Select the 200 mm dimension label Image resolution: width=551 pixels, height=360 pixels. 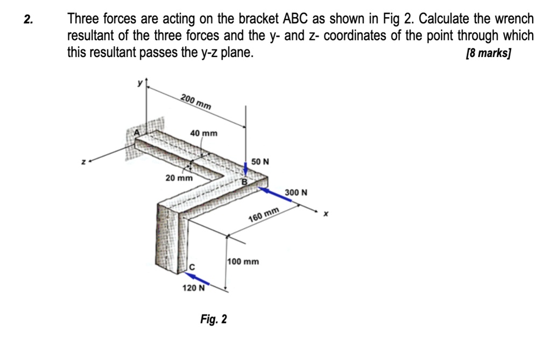coord(196,101)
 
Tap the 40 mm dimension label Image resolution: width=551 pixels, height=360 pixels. coord(204,133)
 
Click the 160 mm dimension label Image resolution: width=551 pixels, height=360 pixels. coord(264,214)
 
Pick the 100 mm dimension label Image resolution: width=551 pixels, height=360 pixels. coord(243,262)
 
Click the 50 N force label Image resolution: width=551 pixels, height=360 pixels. coord(260,161)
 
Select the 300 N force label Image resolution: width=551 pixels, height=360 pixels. coord(296,192)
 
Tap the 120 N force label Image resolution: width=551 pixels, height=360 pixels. coord(194,288)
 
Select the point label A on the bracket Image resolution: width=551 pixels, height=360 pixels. coord(137,132)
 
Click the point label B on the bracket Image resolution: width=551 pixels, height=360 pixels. coord(243,182)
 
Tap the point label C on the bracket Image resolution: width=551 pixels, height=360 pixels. coord(190,267)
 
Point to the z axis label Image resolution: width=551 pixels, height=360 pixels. coord(83,160)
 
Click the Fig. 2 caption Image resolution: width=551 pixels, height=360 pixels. coord(214,320)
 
